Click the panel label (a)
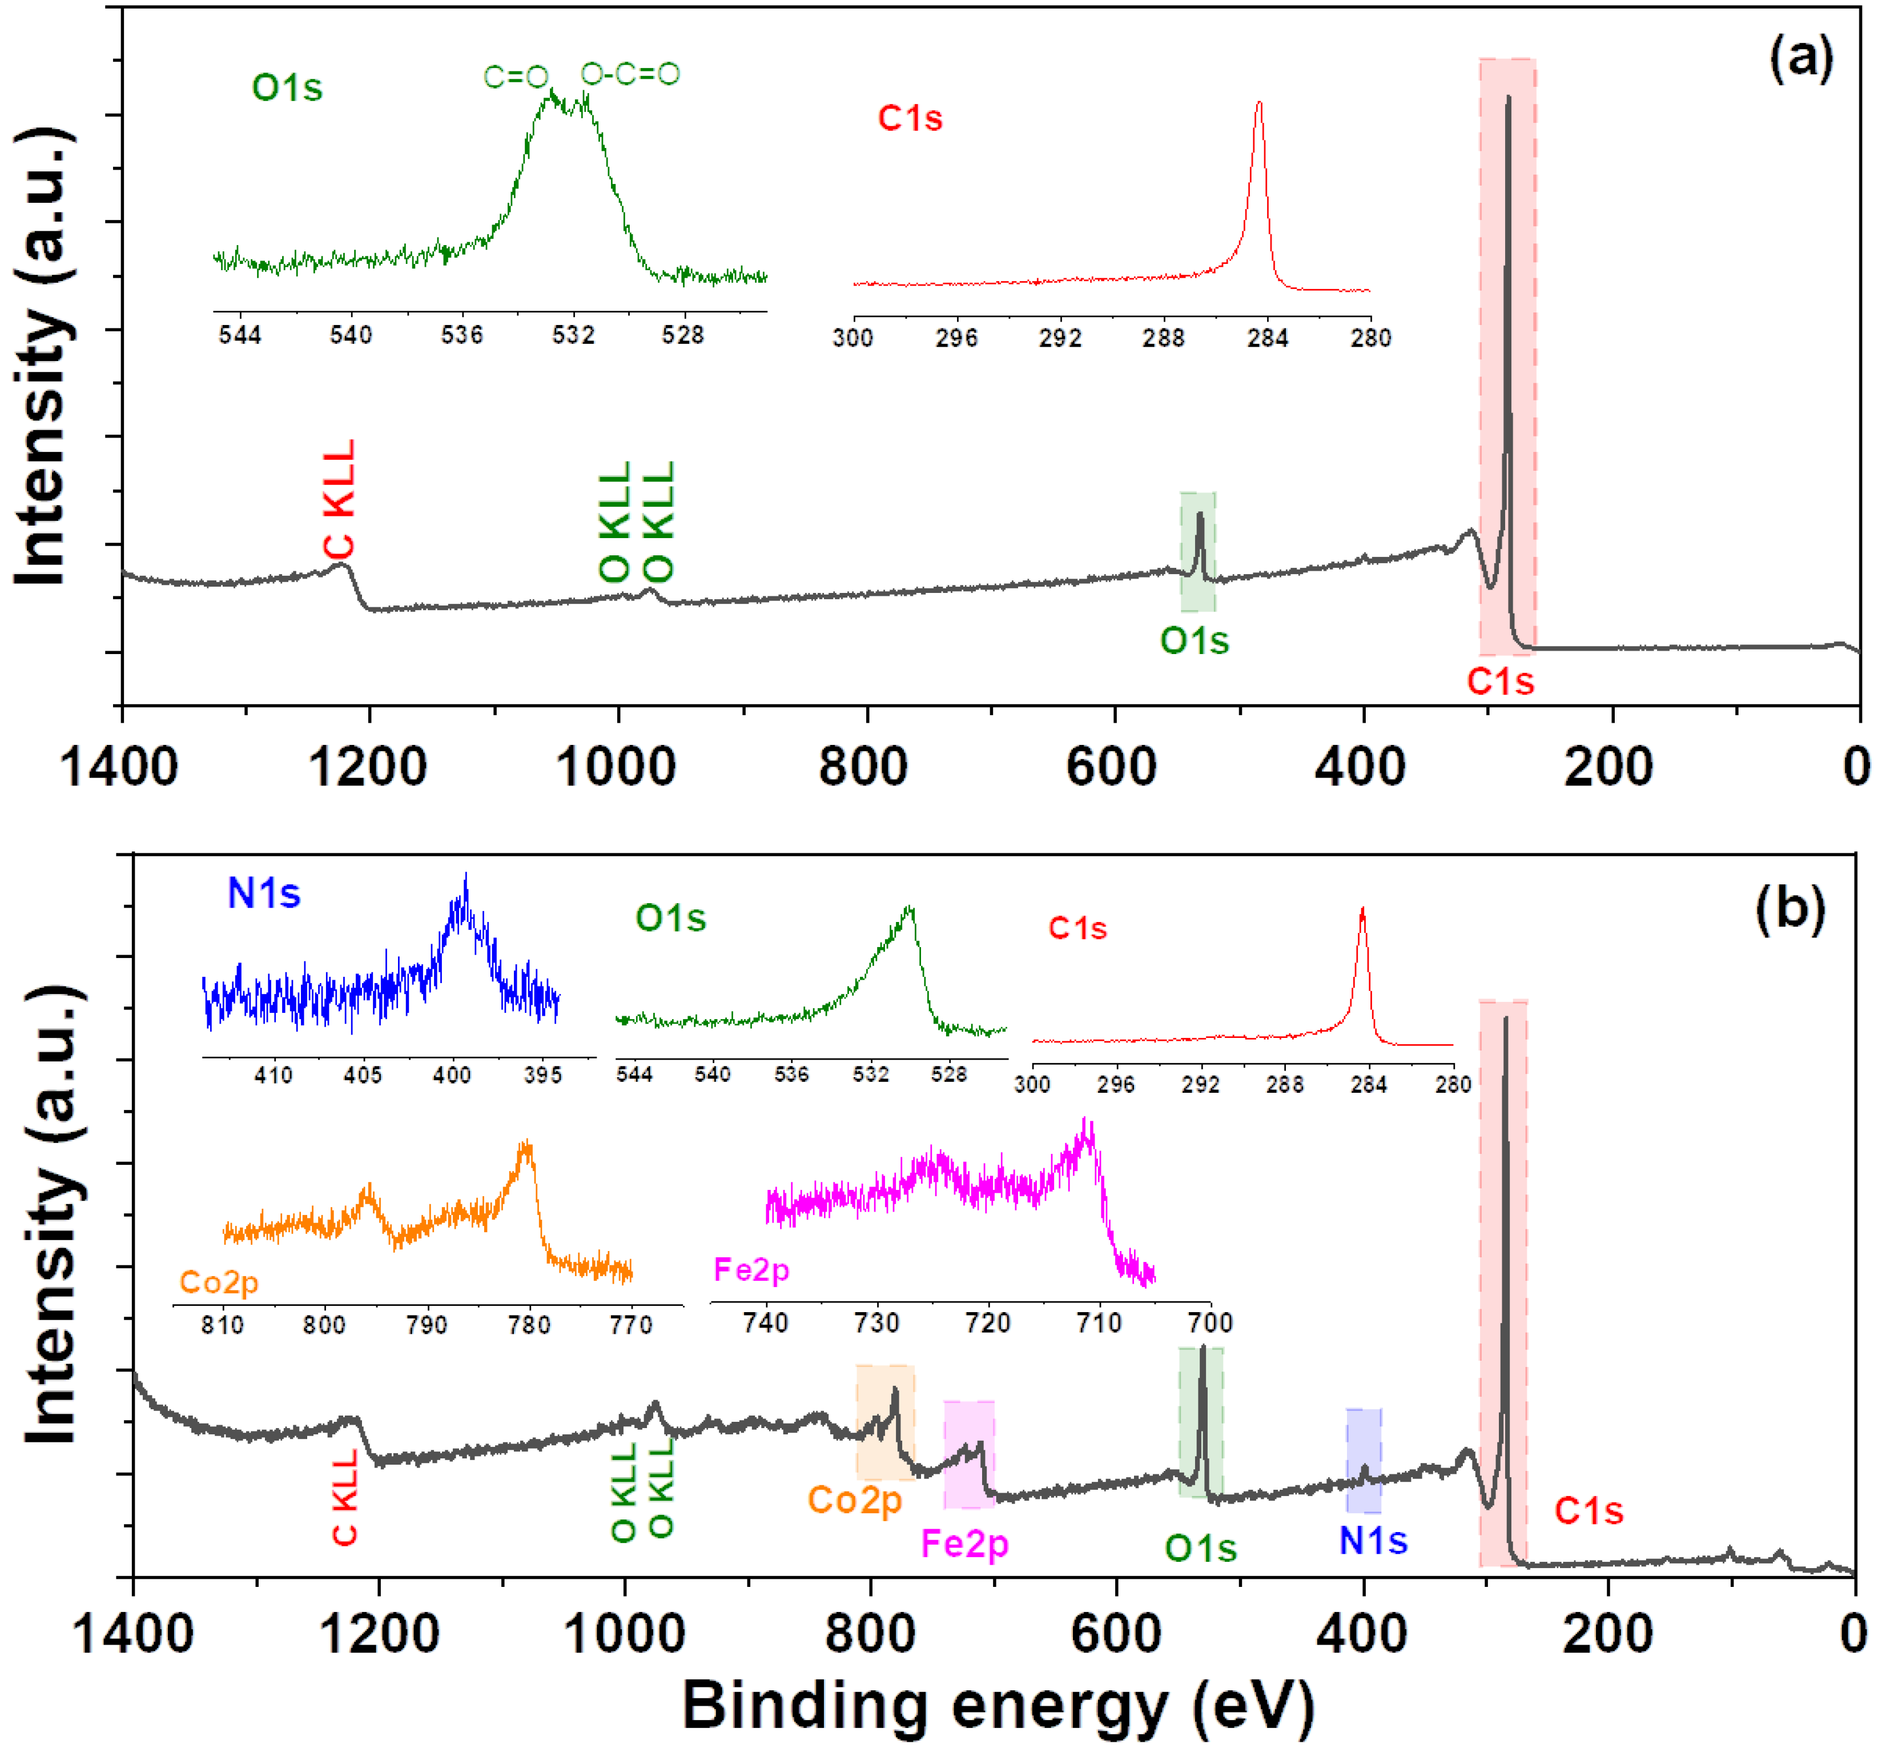(1800, 59)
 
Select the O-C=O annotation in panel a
(630, 74)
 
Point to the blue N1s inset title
(264, 893)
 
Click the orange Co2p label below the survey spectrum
(855, 1500)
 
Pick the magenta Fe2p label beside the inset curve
(751, 1269)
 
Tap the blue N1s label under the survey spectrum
(1373, 1541)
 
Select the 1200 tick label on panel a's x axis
(368, 765)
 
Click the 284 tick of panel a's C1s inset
(1268, 338)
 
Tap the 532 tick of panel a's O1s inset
(573, 335)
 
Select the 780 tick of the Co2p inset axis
(528, 1325)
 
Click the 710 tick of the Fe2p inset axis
(1099, 1322)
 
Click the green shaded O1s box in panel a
(1198, 551)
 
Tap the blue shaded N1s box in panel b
(1363, 1460)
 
